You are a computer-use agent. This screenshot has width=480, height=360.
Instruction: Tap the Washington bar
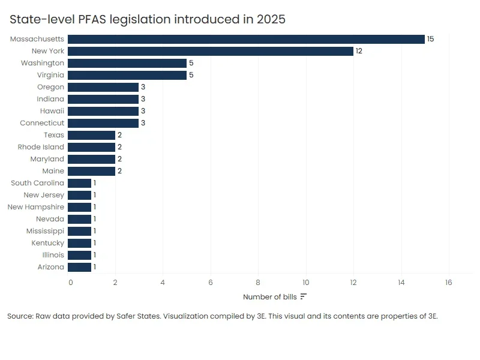click(x=127, y=63)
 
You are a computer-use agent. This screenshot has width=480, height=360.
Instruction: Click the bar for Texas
click(x=91, y=135)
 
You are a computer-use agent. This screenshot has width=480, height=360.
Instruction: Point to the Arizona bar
click(x=80, y=267)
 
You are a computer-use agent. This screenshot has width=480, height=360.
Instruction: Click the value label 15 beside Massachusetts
click(x=430, y=39)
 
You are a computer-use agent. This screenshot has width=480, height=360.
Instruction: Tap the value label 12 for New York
click(x=359, y=51)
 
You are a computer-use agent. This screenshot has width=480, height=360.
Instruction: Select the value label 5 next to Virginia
click(x=191, y=75)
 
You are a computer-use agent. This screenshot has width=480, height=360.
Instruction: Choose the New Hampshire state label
click(x=35, y=207)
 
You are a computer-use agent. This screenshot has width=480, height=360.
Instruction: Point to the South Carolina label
click(x=37, y=183)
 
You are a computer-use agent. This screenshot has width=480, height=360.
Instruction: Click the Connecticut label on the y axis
click(x=42, y=123)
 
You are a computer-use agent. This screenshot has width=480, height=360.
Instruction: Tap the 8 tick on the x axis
click(x=258, y=282)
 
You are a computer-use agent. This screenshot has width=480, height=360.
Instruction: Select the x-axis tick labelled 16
click(x=448, y=282)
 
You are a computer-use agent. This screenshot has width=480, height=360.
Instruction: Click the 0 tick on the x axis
click(x=70, y=282)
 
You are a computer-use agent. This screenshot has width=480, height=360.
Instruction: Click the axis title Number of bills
click(x=270, y=297)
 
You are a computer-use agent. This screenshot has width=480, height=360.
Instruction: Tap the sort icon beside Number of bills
click(x=304, y=296)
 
